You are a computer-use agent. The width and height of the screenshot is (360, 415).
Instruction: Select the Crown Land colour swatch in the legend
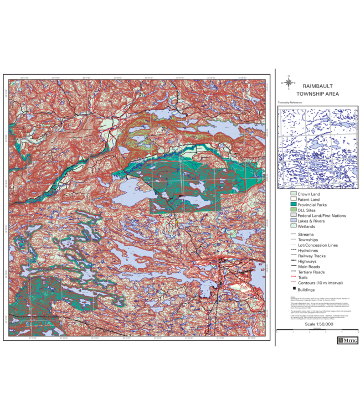293,195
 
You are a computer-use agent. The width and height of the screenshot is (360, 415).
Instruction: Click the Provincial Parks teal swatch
293,205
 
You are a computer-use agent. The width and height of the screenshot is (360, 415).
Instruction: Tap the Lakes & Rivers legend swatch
293,221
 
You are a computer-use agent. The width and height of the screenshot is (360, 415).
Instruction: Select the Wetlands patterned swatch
293,226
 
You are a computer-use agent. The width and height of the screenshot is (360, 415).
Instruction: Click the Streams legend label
306,235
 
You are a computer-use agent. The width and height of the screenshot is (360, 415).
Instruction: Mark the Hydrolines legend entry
308,251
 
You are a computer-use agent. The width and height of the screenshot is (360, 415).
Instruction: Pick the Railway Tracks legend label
312,256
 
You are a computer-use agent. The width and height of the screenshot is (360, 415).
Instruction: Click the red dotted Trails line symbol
293,278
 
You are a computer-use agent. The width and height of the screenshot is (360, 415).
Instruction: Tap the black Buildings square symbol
293,289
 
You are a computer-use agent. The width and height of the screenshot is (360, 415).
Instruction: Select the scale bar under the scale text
317,330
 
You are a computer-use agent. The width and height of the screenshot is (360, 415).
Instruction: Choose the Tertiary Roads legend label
311,272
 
